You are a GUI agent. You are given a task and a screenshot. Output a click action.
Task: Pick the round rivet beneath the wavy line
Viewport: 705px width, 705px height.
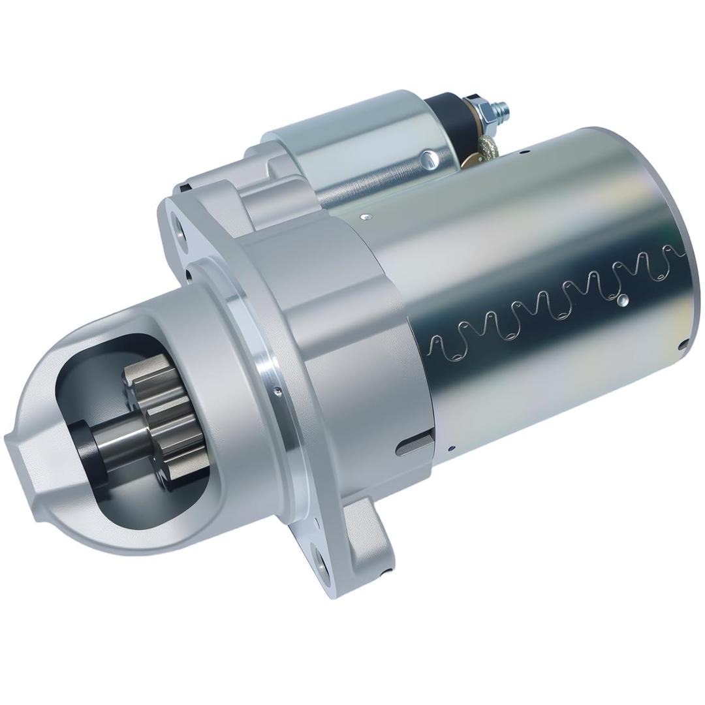[x=622, y=300]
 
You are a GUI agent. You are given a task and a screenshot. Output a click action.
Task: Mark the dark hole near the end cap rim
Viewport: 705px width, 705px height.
[x=683, y=345]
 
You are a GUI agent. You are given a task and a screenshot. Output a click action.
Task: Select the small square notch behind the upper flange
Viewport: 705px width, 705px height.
[x=185, y=189]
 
